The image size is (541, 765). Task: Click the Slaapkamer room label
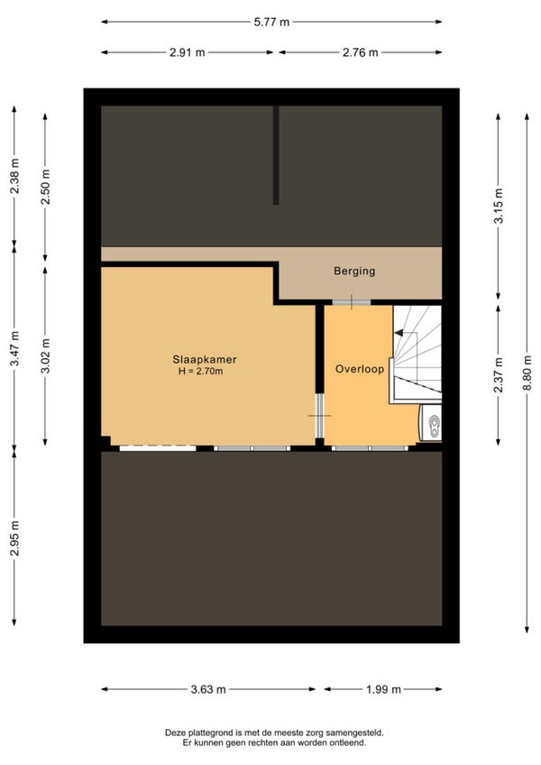(x=205, y=360)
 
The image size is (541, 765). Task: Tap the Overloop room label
(x=360, y=369)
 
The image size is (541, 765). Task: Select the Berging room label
(x=354, y=271)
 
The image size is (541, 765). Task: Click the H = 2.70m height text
(x=200, y=372)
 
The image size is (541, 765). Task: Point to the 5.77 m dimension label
(x=271, y=22)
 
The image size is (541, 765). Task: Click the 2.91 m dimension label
(x=188, y=52)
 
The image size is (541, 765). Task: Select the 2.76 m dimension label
(x=361, y=52)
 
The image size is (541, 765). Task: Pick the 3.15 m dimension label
(x=498, y=206)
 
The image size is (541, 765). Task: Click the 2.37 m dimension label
(x=498, y=375)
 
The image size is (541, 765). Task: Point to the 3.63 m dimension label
(x=208, y=689)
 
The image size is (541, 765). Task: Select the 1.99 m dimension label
(x=383, y=689)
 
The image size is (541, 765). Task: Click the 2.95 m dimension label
(x=14, y=539)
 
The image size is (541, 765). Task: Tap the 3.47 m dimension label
(x=14, y=348)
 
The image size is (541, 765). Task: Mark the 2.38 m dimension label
(x=14, y=176)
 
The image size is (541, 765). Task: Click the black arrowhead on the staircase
(x=398, y=333)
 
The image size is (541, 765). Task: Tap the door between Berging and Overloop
(x=352, y=302)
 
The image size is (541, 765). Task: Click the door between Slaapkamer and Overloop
(x=319, y=416)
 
